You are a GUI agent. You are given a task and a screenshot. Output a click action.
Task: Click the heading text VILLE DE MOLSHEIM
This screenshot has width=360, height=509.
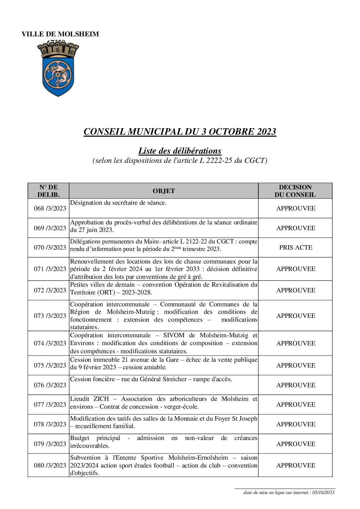click(60, 34)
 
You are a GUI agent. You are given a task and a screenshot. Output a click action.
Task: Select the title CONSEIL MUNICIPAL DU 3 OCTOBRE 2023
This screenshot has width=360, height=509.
click(180, 132)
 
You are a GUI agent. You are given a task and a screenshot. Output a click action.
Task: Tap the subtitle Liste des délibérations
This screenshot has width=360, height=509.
click(180, 151)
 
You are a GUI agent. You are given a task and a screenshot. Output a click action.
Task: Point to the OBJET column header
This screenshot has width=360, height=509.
click(164, 191)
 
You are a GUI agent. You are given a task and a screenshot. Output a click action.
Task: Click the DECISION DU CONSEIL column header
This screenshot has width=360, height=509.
click(295, 191)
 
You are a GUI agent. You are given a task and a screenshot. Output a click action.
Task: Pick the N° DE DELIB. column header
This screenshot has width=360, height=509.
click(49, 191)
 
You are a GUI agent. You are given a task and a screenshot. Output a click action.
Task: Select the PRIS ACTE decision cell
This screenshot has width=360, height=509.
click(295, 248)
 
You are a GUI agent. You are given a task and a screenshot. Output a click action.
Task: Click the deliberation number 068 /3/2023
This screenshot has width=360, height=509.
click(50, 208)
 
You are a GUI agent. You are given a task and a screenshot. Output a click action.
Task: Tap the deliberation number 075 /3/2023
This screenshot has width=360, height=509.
click(50, 366)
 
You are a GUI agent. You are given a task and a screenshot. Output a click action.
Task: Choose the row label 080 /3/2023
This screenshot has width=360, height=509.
click(50, 465)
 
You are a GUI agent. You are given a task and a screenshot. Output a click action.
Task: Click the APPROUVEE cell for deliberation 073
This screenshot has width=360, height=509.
click(295, 316)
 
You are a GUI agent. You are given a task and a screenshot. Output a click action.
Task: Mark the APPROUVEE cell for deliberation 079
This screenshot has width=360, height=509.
click(295, 444)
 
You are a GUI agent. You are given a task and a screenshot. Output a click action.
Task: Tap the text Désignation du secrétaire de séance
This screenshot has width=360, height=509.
click(118, 203)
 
